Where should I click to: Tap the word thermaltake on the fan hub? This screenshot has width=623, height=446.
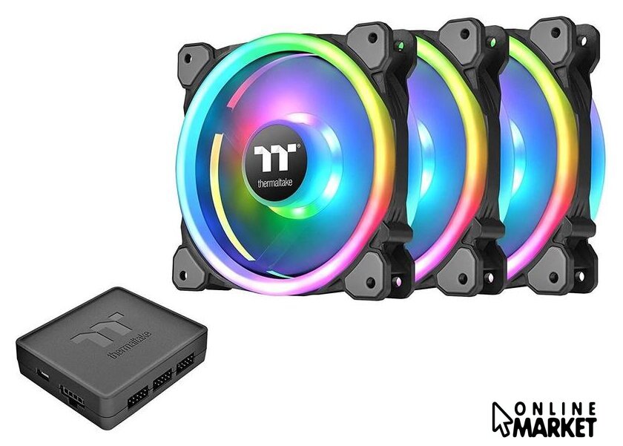pos(275,183)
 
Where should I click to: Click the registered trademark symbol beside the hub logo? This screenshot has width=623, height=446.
pos(298,146)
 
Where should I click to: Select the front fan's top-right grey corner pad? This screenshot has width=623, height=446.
pos(369,40)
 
